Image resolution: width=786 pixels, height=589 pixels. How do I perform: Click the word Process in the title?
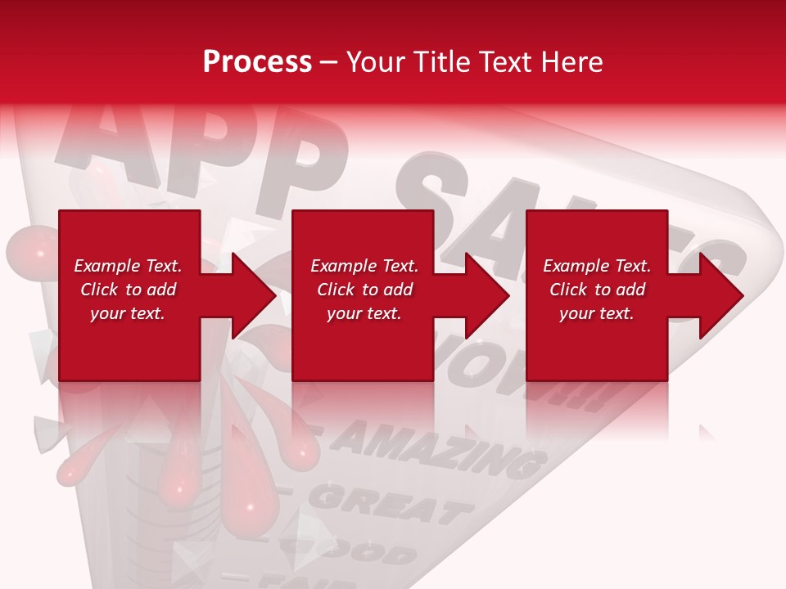257,62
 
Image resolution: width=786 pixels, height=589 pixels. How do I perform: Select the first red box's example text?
128,290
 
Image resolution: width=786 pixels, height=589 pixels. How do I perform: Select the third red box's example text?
597,290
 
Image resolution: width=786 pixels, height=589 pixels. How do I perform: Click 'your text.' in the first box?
128,313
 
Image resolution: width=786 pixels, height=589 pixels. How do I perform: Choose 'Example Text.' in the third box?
597,266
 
